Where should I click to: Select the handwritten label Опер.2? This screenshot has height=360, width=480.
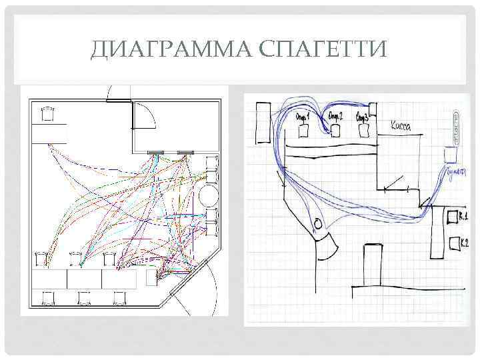[x=335, y=117]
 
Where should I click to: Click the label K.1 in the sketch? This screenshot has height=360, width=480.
[x=463, y=215]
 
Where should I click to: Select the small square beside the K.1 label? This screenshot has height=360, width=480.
[x=451, y=217]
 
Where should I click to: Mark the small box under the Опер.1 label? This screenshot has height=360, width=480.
[x=304, y=131]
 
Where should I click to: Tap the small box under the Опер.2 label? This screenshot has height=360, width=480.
[x=335, y=131]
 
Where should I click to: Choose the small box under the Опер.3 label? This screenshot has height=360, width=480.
[x=365, y=131]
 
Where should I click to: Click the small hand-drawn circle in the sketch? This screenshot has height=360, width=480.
[x=317, y=223]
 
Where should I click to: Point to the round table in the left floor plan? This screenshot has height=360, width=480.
[x=209, y=198]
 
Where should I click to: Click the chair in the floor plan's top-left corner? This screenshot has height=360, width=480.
[x=47, y=113]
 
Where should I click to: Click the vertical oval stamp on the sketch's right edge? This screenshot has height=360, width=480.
[x=457, y=127]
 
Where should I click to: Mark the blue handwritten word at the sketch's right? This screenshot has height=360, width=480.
[x=455, y=171]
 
